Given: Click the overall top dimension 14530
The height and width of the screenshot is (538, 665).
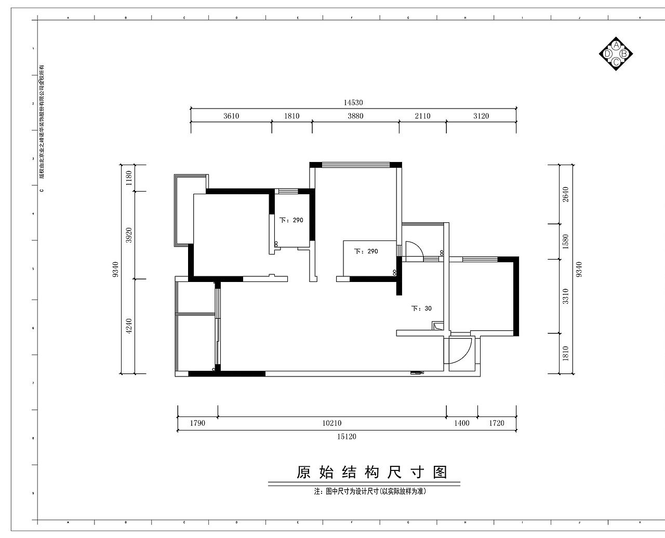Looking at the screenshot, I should pyautogui.click(x=353, y=103).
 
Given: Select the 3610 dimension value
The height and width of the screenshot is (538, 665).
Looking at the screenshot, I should pyautogui.click(x=231, y=116).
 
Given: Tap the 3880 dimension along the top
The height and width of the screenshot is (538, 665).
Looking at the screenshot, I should pyautogui.click(x=355, y=116).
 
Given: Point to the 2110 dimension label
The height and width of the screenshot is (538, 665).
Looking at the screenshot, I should pyautogui.click(x=422, y=116).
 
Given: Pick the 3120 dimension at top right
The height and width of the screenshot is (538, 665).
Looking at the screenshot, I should pyautogui.click(x=481, y=116).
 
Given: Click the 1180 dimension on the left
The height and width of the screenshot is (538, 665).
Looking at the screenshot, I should pyautogui.click(x=129, y=178).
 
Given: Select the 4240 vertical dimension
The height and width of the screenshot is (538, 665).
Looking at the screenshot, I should pyautogui.click(x=129, y=326).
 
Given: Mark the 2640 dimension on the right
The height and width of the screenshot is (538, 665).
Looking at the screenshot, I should pyautogui.click(x=566, y=194).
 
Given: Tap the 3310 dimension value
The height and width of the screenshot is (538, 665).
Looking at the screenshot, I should pyautogui.click(x=566, y=296).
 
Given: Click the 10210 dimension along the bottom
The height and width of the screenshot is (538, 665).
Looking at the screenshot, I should pyautogui.click(x=331, y=423).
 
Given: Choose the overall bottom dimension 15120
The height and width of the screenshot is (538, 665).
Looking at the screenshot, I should pyautogui.click(x=347, y=437).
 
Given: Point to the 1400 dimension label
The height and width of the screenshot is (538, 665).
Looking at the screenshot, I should pyautogui.click(x=461, y=423).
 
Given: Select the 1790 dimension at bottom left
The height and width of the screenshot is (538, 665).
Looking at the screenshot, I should pyautogui.click(x=197, y=423).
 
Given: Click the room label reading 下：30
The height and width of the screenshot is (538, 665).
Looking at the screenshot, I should pyautogui.click(x=422, y=308).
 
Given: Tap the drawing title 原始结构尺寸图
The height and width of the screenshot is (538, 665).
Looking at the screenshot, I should pyautogui.click(x=371, y=473).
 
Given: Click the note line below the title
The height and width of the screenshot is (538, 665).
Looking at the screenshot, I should pyautogui.click(x=369, y=491).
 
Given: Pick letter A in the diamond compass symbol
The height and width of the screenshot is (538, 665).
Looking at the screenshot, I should pyautogui.click(x=616, y=45).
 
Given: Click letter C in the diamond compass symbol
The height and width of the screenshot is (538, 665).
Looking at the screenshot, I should pyautogui.click(x=616, y=62).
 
